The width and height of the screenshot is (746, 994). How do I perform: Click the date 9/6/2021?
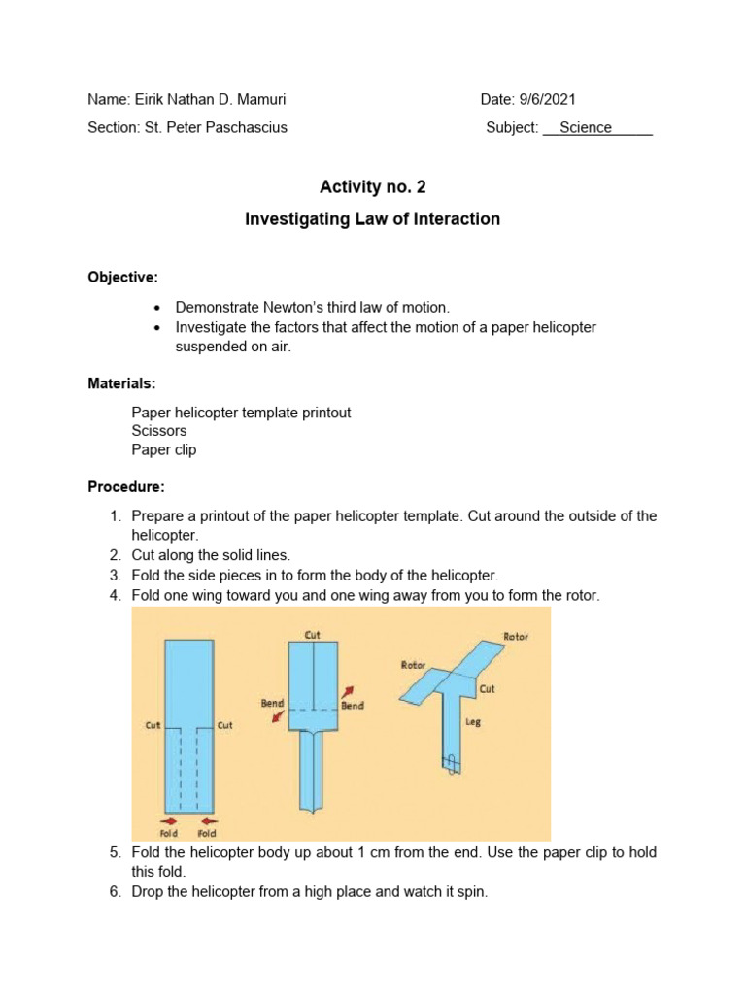click(x=551, y=99)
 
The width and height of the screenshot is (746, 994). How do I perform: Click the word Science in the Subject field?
click(x=586, y=127)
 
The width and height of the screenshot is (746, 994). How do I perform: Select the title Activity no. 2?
click(x=373, y=187)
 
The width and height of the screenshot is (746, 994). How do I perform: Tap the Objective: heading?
click(x=122, y=277)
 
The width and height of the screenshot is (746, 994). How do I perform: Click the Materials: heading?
click(x=121, y=383)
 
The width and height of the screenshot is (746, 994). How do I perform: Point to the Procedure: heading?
click(x=126, y=485)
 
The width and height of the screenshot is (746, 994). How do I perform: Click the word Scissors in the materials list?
click(x=159, y=431)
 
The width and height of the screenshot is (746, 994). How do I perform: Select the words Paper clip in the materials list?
click(x=164, y=449)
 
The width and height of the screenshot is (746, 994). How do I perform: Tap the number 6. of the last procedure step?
click(x=115, y=890)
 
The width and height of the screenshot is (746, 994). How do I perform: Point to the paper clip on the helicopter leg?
click(x=451, y=763)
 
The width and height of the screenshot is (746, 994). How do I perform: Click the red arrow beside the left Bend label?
click(x=278, y=717)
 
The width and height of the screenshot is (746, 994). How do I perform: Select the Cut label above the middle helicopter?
click(x=313, y=634)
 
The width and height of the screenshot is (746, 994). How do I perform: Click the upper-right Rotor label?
click(x=516, y=637)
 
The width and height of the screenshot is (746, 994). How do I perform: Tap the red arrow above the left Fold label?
click(x=167, y=820)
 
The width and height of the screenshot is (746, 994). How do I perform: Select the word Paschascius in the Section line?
click(x=250, y=127)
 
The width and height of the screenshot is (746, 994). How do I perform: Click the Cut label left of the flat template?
click(x=153, y=724)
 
